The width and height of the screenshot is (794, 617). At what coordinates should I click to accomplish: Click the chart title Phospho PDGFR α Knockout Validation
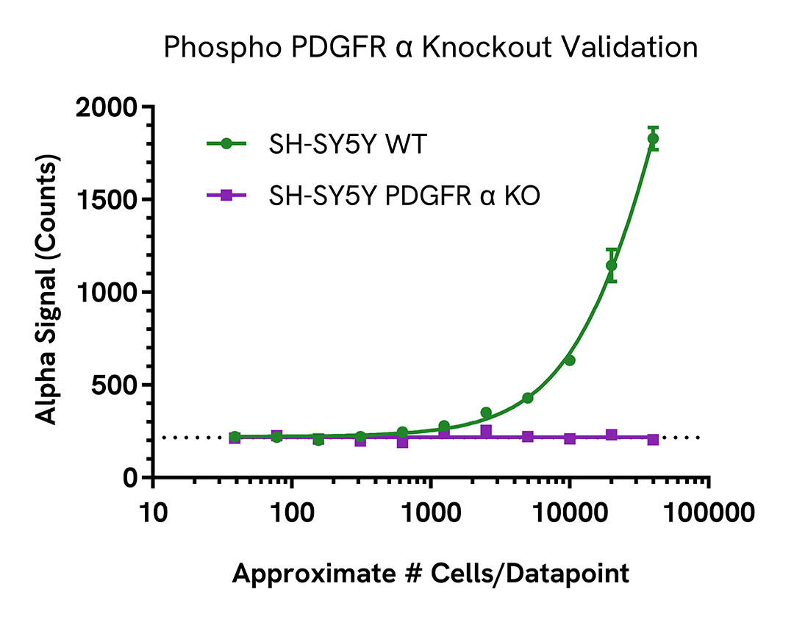430,47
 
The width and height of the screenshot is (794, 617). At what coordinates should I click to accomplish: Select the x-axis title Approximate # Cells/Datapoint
431,573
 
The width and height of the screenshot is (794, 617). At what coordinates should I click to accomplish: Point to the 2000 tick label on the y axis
106,107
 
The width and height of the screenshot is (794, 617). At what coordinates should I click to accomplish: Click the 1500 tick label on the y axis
107,200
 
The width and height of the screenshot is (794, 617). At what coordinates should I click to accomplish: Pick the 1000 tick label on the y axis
107,293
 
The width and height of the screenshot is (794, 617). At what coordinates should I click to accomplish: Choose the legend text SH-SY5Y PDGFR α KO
404,196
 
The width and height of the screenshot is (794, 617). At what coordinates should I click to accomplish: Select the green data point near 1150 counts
611,265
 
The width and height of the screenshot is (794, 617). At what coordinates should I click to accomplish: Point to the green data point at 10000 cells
569,360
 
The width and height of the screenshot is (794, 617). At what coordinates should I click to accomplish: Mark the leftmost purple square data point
235,438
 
